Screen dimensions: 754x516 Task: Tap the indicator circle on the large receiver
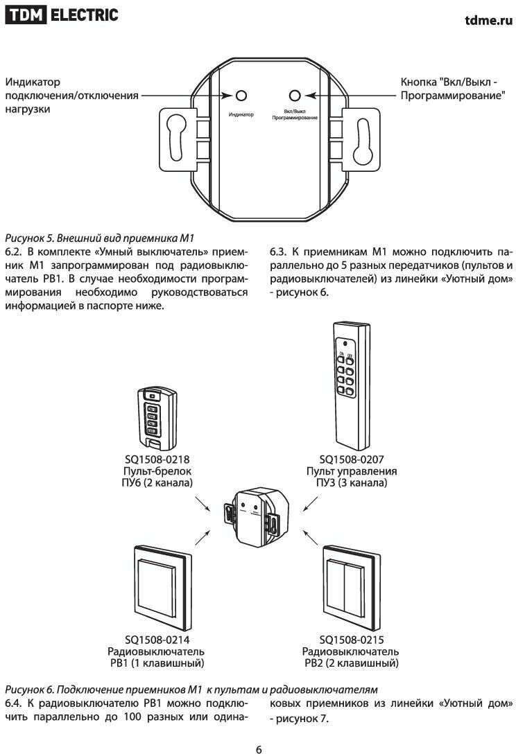tap(241, 96)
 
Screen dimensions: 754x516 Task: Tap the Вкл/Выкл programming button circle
tap(295, 96)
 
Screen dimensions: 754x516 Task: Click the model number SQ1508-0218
tap(157, 459)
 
